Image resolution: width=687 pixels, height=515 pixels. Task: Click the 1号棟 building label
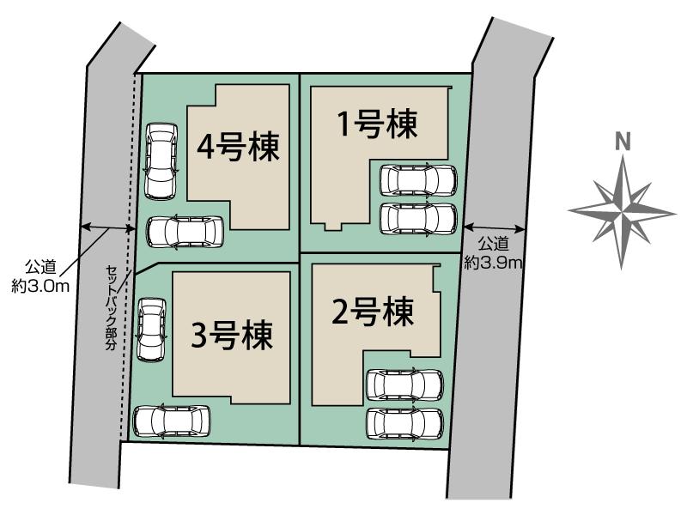click(376, 124)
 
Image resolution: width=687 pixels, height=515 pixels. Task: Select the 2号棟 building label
click(374, 312)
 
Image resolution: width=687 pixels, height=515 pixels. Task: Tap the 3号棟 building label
click(232, 335)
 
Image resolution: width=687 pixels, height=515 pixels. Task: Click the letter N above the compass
click(623, 142)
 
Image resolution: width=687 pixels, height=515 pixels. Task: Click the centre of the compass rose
click(622, 213)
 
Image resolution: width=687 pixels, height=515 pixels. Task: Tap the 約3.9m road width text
click(493, 263)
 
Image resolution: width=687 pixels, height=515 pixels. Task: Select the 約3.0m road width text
click(40, 287)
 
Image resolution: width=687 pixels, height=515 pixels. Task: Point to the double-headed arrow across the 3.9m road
click(495, 227)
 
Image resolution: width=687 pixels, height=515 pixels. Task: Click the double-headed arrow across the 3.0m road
click(108, 227)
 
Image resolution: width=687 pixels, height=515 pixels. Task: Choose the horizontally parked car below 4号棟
click(185, 232)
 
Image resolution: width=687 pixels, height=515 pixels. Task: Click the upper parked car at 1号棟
click(418, 180)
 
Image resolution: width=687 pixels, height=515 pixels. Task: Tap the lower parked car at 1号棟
click(418, 220)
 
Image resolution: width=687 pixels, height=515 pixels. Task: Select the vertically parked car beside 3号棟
click(151, 330)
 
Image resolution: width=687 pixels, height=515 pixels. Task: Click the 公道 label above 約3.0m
click(40, 266)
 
